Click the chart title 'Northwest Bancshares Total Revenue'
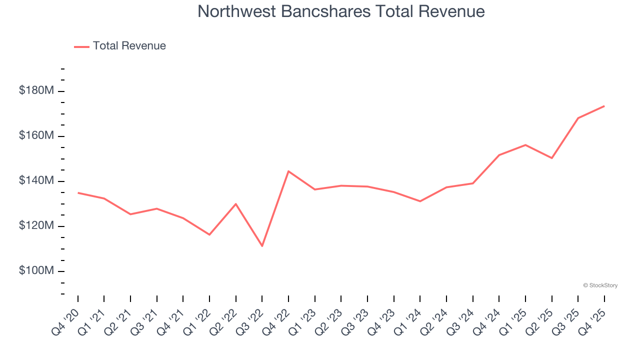coord(341,11)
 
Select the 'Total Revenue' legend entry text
coord(129,46)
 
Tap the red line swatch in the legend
coord(81,46)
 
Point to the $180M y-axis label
coord(36,91)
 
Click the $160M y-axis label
coord(36,136)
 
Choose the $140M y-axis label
coord(36,181)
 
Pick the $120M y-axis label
coord(36,226)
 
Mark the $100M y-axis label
coord(36,271)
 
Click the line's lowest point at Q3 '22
coord(262,246)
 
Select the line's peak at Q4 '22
coord(288,171)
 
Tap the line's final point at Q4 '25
coord(604,106)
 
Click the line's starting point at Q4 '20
coord(78,192)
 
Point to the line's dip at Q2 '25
coord(551,158)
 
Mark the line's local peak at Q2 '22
coord(235,203)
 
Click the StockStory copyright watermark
coord(600,285)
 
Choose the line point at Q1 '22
coord(209,234)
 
